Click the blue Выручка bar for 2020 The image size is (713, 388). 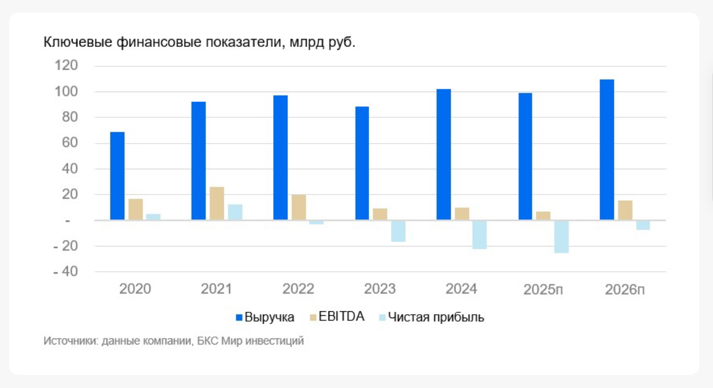tap(117, 176)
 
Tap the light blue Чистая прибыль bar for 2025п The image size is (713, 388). tap(561, 236)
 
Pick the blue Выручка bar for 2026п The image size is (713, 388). tap(607, 149)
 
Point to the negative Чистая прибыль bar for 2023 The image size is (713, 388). tap(398, 231)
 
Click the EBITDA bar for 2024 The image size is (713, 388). tap(462, 213)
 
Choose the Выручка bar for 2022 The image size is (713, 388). tap(280, 157)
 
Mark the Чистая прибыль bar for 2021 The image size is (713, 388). tap(235, 212)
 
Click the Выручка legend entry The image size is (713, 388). tap(265, 317)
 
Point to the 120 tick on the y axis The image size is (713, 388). tap(66, 66)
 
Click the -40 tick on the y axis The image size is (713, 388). tap(65, 272)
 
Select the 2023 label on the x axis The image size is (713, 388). tap(380, 289)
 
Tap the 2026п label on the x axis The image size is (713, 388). tap(624, 290)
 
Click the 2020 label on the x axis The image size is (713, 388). tap(135, 289)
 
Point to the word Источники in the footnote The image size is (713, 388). tap(68, 341)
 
